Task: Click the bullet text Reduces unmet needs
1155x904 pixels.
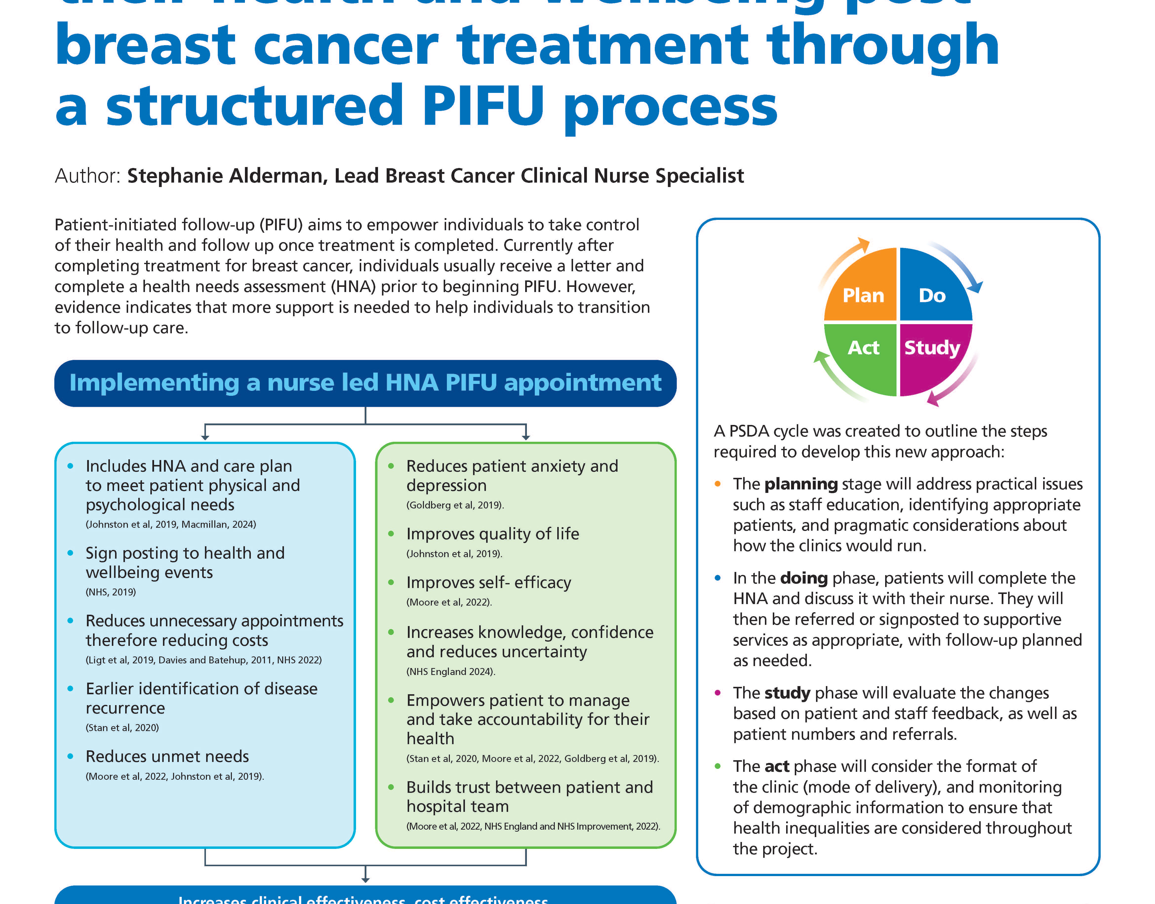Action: (167, 756)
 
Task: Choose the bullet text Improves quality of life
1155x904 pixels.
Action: (492, 533)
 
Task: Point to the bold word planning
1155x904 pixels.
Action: (801, 484)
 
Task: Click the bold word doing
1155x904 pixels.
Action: (803, 578)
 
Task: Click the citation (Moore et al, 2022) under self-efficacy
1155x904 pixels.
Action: (448, 602)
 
